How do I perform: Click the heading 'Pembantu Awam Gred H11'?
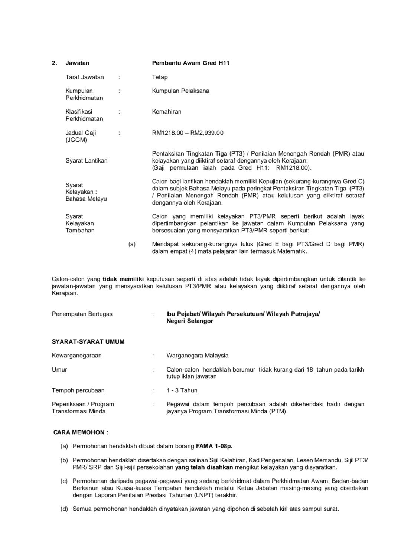(x=190, y=63)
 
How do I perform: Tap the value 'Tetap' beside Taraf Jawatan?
(x=160, y=77)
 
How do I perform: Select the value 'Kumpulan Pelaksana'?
(x=180, y=91)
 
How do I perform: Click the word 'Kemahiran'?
(x=167, y=112)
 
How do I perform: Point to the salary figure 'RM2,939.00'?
(x=207, y=133)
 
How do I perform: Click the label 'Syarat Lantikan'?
(x=87, y=161)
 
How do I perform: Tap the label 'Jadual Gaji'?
(x=81, y=133)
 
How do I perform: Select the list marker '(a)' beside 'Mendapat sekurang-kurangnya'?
(x=132, y=244)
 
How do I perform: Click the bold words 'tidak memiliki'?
(x=123, y=279)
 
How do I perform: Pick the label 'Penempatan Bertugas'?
(x=82, y=314)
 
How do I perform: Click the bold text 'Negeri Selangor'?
(x=190, y=321)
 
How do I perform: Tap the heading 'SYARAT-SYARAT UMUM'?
(x=88, y=342)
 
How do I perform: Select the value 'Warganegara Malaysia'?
(x=198, y=356)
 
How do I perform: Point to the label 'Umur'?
(x=59, y=370)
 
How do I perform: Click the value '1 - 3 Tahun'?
(x=182, y=390)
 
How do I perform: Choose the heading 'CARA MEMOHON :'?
(x=81, y=432)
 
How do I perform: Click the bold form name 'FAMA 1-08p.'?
(x=214, y=446)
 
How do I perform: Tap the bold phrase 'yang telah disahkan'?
(x=204, y=467)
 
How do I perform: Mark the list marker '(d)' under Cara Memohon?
(x=64, y=509)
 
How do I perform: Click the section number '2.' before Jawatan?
(x=55, y=63)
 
